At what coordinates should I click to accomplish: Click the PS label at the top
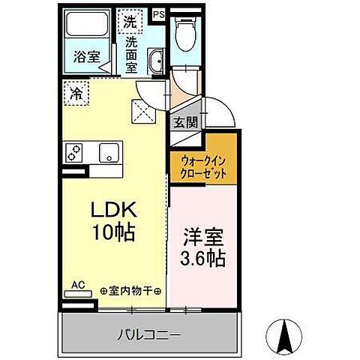pyautogui.click(x=158, y=13)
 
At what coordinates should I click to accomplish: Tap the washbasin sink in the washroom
pyautogui.click(x=155, y=62)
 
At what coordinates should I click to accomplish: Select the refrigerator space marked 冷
pyautogui.click(x=76, y=94)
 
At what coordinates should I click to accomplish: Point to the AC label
pyautogui.click(x=77, y=285)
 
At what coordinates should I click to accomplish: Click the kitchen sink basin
pyautogui.click(x=111, y=154)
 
